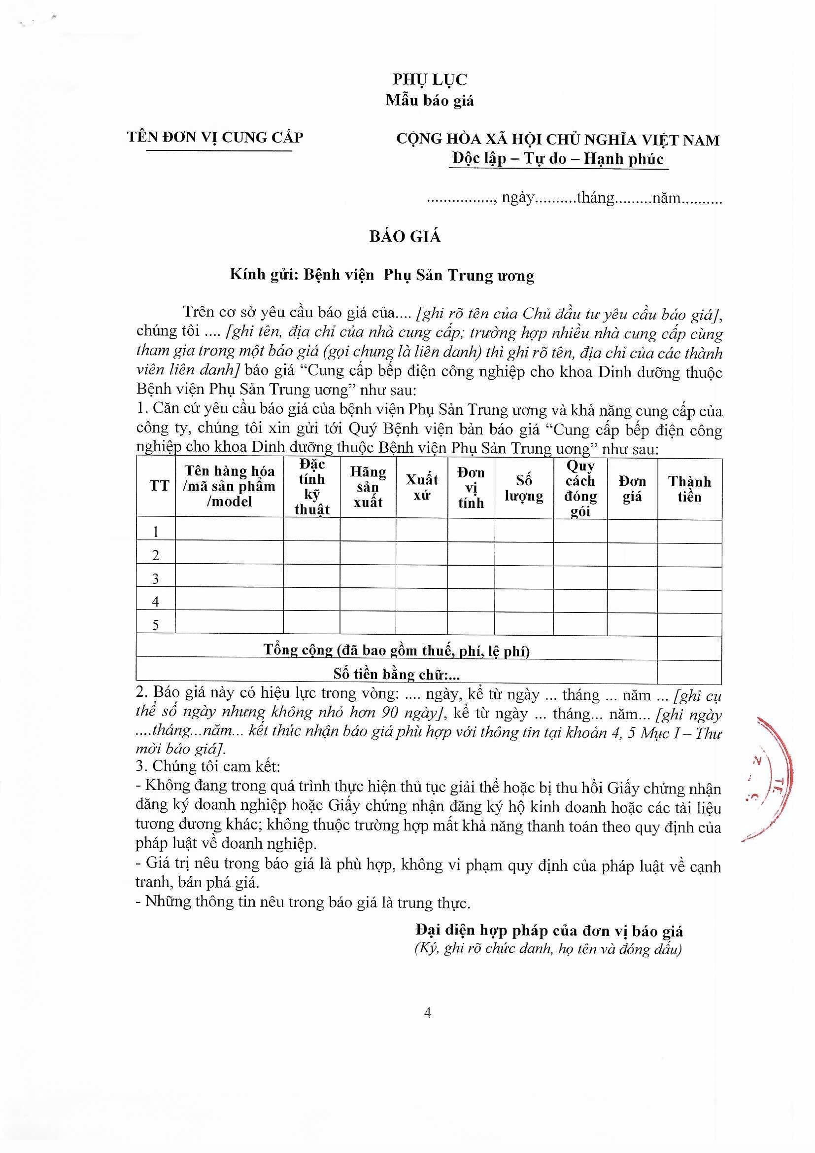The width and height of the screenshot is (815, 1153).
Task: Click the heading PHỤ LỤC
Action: coord(430,79)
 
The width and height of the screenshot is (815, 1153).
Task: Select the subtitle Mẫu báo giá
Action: coord(430,101)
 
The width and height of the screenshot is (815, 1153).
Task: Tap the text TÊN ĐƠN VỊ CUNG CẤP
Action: coord(215,137)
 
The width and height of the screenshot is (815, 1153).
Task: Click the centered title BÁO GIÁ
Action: coord(405,237)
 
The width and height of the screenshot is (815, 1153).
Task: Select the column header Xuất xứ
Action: coord(422,488)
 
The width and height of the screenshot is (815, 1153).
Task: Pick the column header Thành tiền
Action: coord(689,489)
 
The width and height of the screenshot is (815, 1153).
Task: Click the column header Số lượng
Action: coord(523,488)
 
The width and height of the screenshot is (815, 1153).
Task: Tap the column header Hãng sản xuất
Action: coord(368,487)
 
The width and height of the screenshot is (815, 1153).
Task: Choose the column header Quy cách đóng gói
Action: coord(580,488)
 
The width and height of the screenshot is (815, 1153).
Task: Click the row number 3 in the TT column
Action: coord(156,579)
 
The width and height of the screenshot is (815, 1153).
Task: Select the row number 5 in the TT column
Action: coord(156,625)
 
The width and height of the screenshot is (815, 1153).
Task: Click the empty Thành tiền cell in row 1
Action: coord(689,531)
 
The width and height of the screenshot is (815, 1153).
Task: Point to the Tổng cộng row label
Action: coord(397,650)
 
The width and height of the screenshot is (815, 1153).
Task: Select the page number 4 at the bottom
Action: coord(428,1012)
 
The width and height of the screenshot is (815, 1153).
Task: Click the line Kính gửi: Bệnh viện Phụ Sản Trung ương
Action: coord(382,275)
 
